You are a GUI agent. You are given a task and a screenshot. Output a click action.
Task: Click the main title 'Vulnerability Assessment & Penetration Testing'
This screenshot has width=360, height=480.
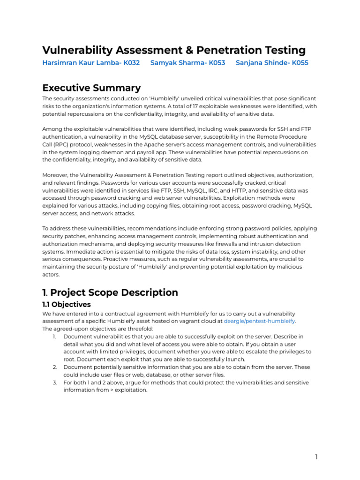[x=174, y=50]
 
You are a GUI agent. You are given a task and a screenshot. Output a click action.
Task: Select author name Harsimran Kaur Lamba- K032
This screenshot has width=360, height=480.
[x=91, y=63]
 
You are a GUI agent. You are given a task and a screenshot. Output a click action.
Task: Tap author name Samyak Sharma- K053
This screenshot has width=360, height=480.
[x=187, y=63]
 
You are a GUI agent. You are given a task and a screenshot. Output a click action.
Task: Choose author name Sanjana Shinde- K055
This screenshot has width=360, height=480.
[x=272, y=63]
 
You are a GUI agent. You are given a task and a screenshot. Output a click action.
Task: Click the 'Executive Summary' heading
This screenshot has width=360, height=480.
[x=91, y=88]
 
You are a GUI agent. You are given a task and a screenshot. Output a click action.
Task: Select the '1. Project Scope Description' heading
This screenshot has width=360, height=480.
[x=110, y=292]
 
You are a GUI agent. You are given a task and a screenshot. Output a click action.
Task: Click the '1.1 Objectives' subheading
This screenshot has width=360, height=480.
[x=67, y=304]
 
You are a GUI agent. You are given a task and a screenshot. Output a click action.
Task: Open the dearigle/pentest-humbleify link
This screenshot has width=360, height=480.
[x=259, y=321]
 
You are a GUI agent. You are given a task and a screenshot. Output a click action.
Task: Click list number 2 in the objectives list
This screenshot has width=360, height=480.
[x=54, y=367]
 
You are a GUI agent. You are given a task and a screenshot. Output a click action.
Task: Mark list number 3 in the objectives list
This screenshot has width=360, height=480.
[x=54, y=382]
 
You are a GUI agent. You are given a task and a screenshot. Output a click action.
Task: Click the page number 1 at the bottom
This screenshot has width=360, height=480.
[x=316, y=457]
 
